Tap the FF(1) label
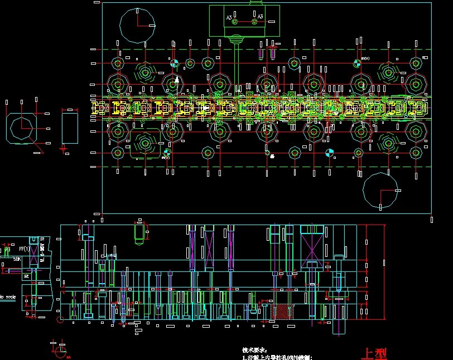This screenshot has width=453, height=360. click(25, 249)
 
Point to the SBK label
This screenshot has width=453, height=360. click(17, 259)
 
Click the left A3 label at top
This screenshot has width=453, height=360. click(229, 18)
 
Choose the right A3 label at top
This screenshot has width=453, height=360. click(260, 17)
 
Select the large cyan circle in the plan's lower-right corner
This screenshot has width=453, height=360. click(380, 190)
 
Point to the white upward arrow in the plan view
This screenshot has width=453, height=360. click(177, 80)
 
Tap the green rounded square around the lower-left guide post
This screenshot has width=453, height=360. click(146, 144)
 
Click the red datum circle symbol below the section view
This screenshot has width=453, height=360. click(61, 352)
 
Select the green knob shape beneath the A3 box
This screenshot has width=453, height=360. click(237, 40)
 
